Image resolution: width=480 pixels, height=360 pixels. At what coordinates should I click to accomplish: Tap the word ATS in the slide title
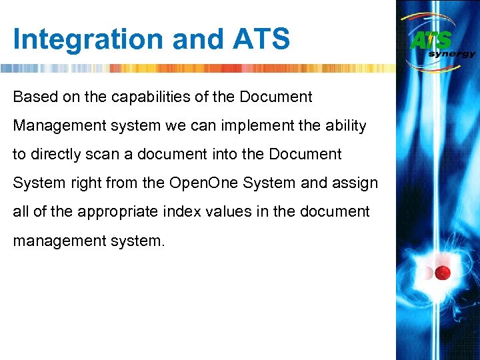pyautogui.click(x=261, y=39)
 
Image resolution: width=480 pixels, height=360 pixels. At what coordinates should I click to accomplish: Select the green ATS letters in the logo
pyautogui.click(x=431, y=40)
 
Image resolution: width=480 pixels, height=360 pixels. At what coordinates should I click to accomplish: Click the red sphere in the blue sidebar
pyautogui.click(x=443, y=273)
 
